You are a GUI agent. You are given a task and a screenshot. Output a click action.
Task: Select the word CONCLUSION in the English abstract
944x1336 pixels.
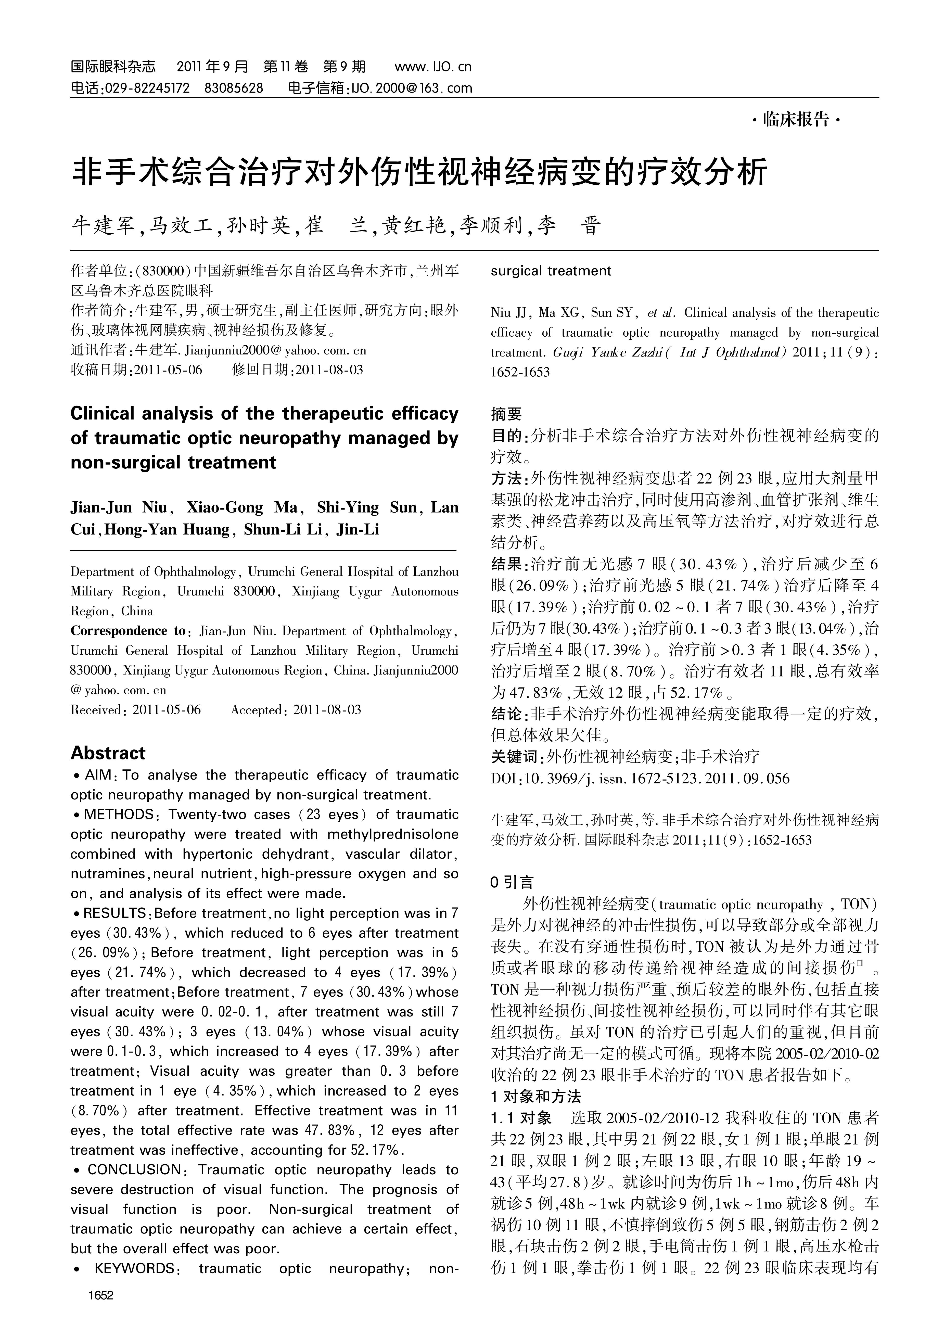pyautogui.click(x=134, y=1169)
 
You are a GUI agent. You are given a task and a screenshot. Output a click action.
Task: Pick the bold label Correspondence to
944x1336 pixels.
pyautogui.click(x=127, y=631)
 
